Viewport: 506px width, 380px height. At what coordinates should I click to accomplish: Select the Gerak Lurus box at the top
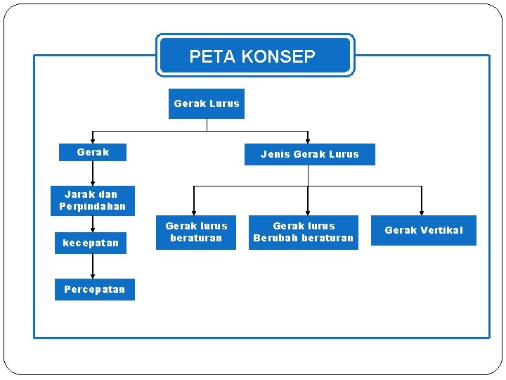coord(207,103)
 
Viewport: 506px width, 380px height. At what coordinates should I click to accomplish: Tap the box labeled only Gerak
coord(93,152)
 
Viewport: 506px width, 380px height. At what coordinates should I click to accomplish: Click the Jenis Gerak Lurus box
coord(309,154)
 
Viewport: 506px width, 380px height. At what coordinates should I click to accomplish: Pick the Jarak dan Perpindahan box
coord(92,201)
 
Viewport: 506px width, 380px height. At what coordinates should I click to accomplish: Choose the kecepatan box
coord(91,243)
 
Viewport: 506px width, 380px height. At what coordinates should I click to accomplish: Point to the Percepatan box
coord(94,289)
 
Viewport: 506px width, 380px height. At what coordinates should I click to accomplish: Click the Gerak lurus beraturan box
coord(196,232)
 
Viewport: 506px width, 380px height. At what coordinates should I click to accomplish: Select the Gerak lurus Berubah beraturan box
coord(304,232)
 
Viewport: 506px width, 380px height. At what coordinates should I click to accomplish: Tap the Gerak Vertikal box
coord(424,230)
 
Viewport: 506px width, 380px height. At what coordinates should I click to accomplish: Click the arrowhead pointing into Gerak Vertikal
coord(422,211)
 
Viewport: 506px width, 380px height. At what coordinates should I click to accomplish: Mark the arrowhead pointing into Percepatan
coord(93,275)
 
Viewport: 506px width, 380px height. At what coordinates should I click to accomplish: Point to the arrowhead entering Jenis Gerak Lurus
coord(308,140)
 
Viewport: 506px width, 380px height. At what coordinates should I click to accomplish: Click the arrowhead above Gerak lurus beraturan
coord(195,211)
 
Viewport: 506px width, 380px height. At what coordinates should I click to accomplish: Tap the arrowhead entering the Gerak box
coord(93,140)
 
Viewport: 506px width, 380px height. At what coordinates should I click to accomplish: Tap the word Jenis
coord(275,154)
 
